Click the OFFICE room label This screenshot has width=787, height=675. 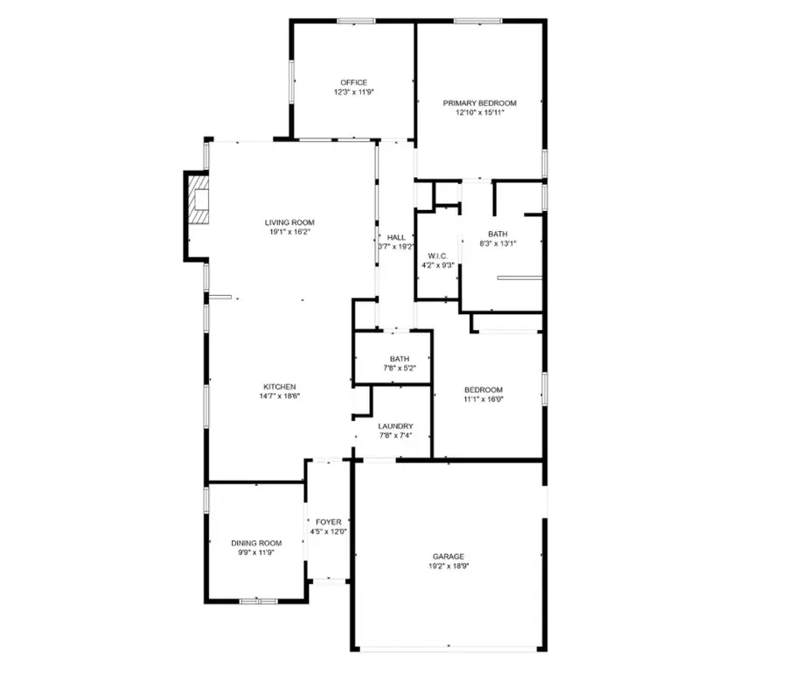pyautogui.click(x=354, y=82)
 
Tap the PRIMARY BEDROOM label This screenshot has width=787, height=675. pyautogui.click(x=479, y=103)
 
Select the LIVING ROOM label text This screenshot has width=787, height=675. pyautogui.click(x=289, y=222)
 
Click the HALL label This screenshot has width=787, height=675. pyautogui.click(x=396, y=237)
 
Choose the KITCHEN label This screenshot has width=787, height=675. pyautogui.click(x=280, y=387)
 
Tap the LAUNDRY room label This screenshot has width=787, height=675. pyautogui.click(x=396, y=426)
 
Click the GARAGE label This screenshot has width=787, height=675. pyautogui.click(x=448, y=556)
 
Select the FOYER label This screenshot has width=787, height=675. pyautogui.click(x=329, y=522)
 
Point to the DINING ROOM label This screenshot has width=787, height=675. pyautogui.click(x=256, y=543)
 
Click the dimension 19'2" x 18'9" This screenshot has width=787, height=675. pyautogui.click(x=448, y=566)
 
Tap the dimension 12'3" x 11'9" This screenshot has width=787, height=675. pyautogui.click(x=354, y=92)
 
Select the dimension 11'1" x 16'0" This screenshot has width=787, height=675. pyautogui.click(x=483, y=399)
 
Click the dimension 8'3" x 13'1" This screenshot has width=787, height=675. pyautogui.click(x=498, y=244)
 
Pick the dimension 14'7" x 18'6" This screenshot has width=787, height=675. pyautogui.click(x=280, y=397)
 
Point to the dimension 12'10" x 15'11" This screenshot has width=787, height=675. pyautogui.click(x=479, y=113)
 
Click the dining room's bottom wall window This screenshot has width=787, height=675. pyautogui.click(x=258, y=601)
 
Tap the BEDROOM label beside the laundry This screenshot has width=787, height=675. pyautogui.click(x=483, y=390)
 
